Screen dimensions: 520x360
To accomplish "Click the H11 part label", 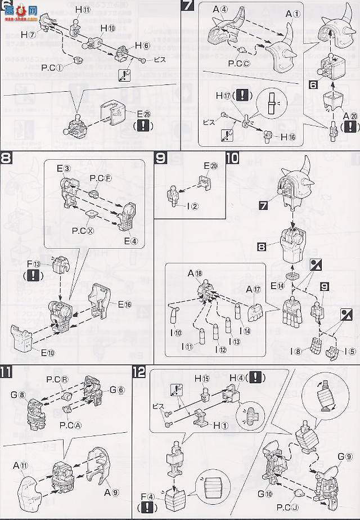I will pos(84,10).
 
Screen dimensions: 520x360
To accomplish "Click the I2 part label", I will pos(193,206).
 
